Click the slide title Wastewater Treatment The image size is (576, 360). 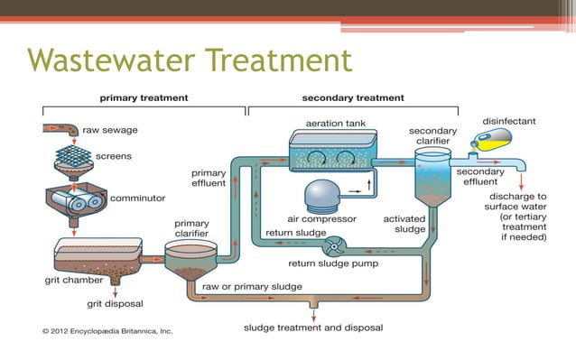190,61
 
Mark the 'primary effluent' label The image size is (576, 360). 208,178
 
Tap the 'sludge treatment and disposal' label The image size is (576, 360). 313,328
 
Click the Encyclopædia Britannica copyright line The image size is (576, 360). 108,331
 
